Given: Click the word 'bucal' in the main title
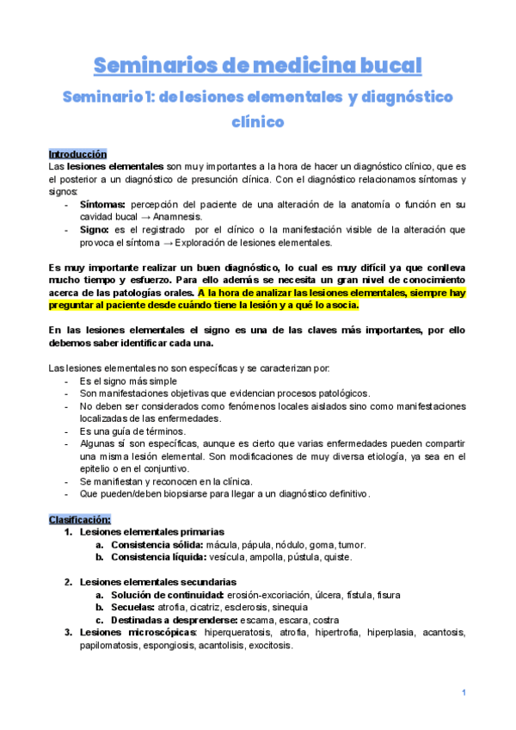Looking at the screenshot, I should point(382,65).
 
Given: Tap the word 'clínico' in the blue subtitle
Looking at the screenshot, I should point(258,122).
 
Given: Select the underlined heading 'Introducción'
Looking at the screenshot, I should point(77,153).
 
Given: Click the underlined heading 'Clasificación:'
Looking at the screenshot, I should point(79,519).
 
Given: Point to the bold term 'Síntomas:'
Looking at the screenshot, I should point(101,204).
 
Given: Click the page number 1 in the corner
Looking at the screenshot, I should point(464,693).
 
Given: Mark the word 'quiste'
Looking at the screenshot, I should point(334,557).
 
